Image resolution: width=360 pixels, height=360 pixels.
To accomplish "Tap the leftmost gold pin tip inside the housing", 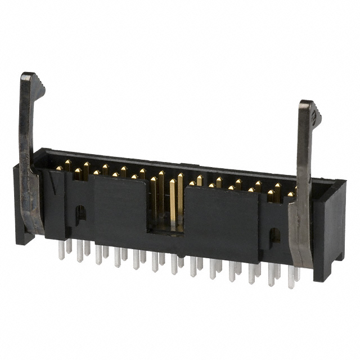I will pos(58,168).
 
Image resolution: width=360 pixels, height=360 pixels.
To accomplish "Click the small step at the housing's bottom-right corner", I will pos(339,256).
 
